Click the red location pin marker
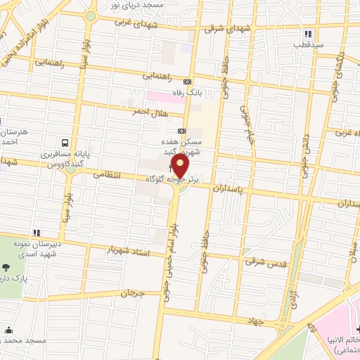[181, 167]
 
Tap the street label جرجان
[131, 290]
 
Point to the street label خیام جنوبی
[245, 112]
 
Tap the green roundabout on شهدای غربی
[90, 16]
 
